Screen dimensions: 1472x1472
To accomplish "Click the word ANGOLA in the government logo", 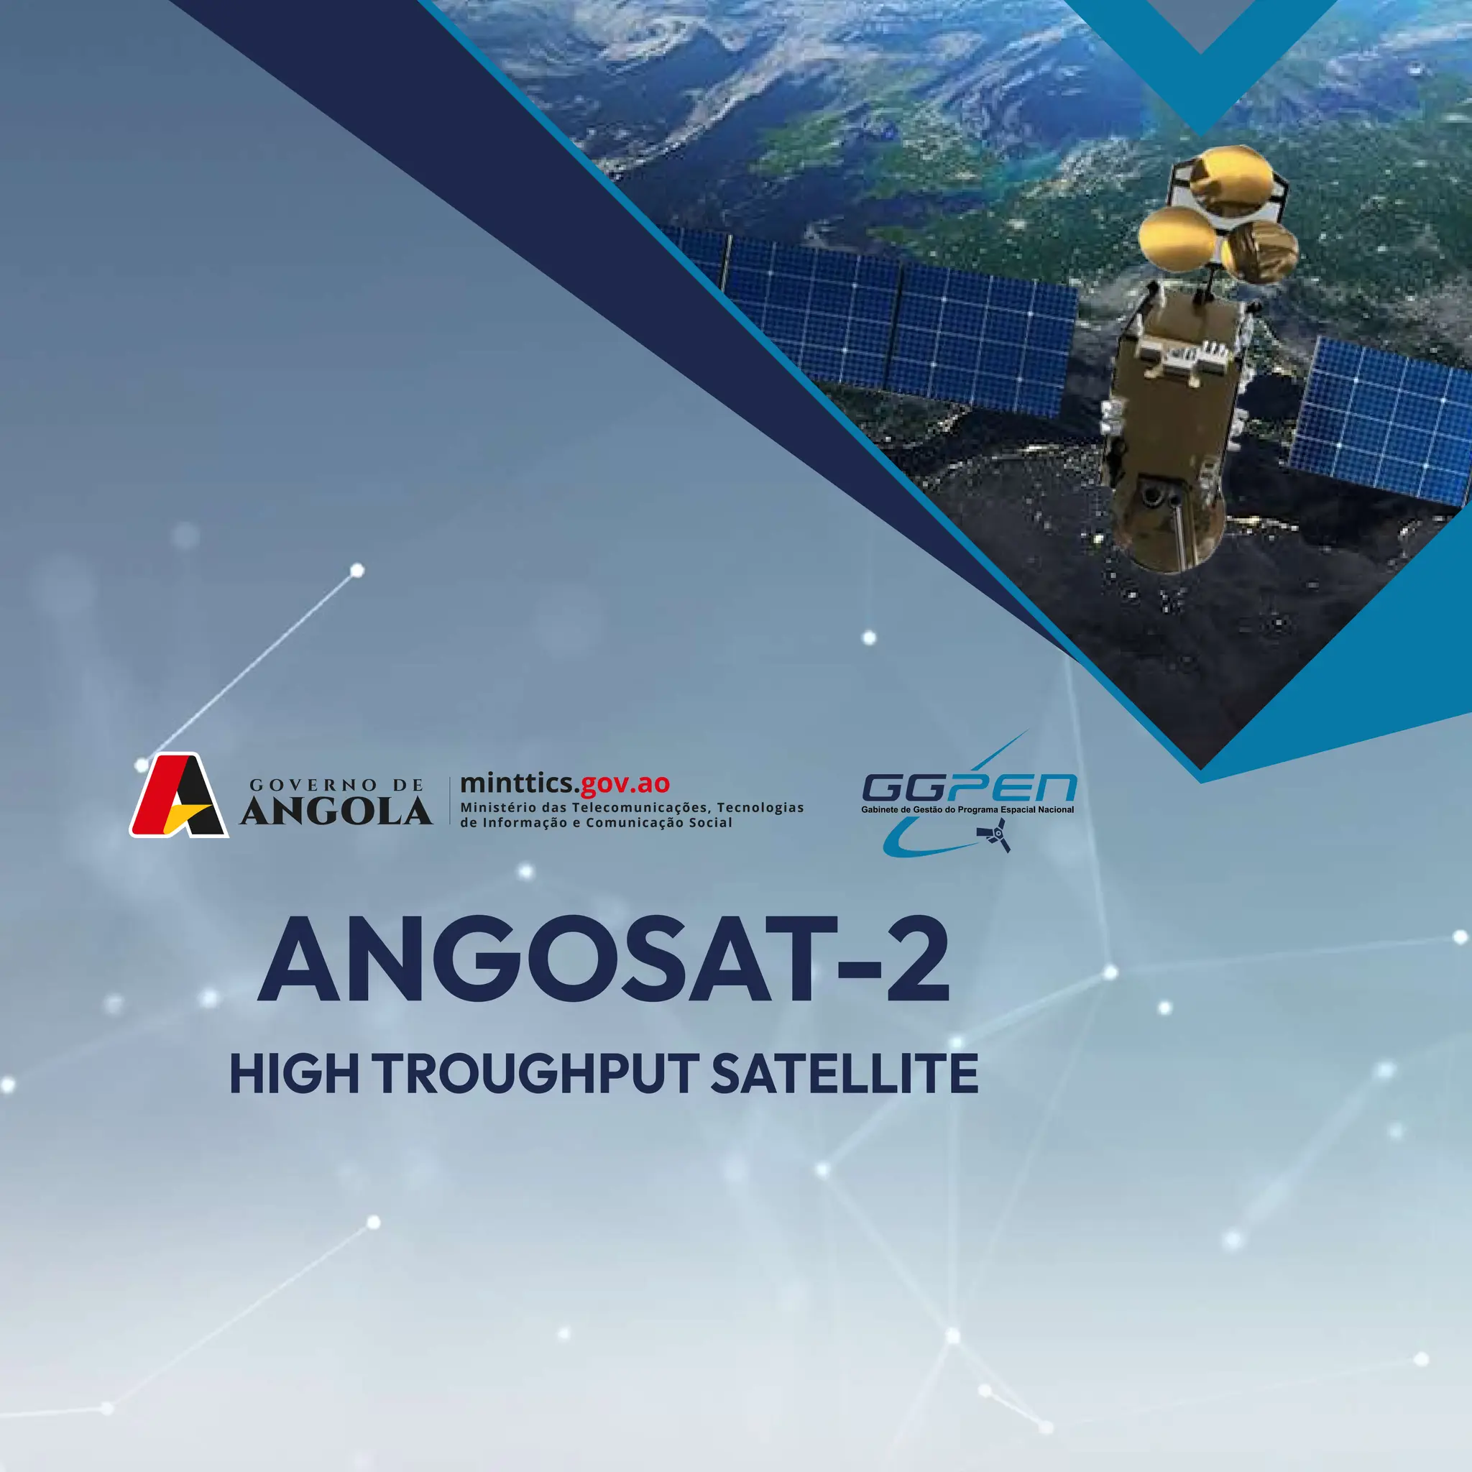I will click(336, 812).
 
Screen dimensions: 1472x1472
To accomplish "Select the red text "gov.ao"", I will click(625, 783).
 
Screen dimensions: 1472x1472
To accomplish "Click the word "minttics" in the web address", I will click(517, 783).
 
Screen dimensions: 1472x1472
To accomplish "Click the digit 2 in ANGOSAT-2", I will click(916, 962).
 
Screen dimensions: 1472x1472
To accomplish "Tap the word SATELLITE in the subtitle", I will click(845, 1075).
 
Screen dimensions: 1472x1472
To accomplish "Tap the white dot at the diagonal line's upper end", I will click(356, 571).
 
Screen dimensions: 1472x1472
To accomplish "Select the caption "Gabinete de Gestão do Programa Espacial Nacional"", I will click(967, 809).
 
